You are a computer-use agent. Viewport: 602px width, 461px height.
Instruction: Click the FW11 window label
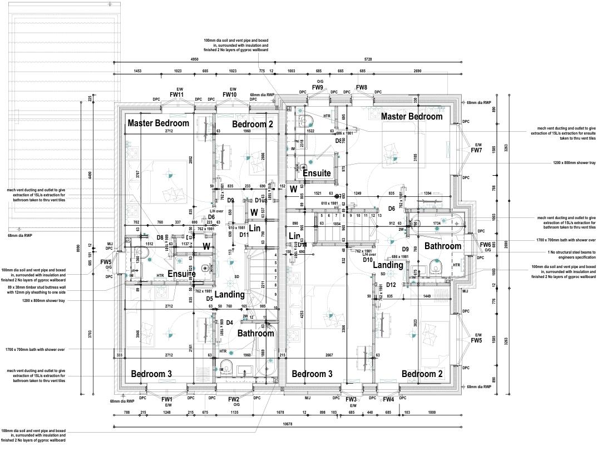point(176,95)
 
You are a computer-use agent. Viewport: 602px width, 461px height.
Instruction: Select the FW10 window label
point(230,95)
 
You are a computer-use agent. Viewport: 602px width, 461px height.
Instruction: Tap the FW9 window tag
point(318,88)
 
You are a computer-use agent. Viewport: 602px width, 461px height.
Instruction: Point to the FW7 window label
point(476,151)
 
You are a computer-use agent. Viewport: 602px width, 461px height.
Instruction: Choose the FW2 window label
point(233,400)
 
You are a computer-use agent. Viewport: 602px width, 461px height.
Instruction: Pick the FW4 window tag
point(388,400)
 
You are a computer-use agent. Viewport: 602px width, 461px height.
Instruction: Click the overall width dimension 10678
point(288,424)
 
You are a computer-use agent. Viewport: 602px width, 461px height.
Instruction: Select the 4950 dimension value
point(194,58)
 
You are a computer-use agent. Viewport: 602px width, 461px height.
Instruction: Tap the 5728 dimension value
point(368,58)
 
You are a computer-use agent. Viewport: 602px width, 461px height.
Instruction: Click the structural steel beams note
point(563,255)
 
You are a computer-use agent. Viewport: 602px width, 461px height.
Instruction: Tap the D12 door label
point(391,285)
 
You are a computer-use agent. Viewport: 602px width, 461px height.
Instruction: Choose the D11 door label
point(244,235)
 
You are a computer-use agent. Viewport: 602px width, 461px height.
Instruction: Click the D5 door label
point(210,299)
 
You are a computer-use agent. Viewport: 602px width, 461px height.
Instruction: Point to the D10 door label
point(367,260)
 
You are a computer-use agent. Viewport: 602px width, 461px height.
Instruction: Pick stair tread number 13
point(379,215)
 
